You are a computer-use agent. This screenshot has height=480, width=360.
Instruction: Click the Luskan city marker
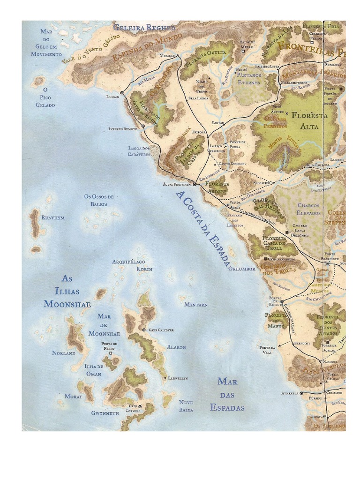click(x=122, y=93)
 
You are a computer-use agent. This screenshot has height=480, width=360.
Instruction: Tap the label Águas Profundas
click(x=177, y=184)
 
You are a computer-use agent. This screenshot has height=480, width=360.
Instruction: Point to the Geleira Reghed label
click(x=144, y=27)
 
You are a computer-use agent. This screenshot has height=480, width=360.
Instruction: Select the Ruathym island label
click(x=53, y=218)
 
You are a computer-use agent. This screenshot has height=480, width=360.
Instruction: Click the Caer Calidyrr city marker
click(x=144, y=330)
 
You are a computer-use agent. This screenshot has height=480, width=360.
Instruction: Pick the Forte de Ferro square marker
click(x=111, y=353)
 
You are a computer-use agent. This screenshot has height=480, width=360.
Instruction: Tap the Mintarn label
click(x=195, y=304)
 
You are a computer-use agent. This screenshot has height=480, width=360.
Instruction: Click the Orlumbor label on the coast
click(x=241, y=269)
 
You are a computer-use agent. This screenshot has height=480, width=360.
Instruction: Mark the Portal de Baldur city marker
click(x=282, y=302)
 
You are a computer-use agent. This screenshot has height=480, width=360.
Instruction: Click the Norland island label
click(x=63, y=353)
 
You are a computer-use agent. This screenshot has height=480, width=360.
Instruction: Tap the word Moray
click(x=73, y=396)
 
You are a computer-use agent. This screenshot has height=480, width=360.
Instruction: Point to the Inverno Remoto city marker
click(x=142, y=126)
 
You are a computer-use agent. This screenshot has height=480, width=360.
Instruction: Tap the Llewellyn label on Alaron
click(x=178, y=378)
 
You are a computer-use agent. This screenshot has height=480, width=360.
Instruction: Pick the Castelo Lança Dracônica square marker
click(x=286, y=232)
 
